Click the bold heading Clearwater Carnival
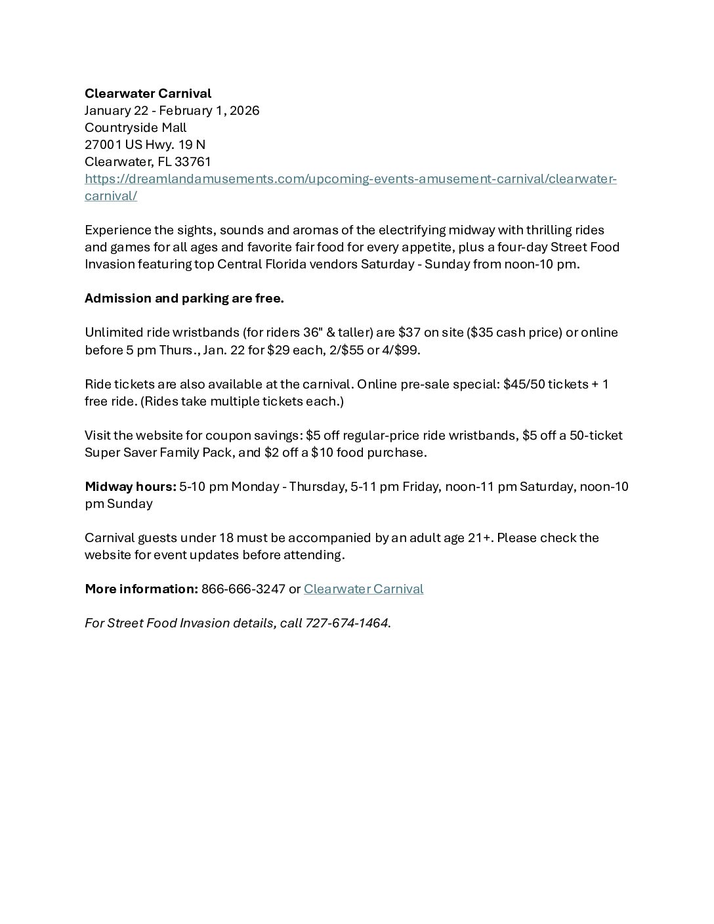pyautogui.click(x=148, y=94)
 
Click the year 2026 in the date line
pyautogui.click(x=244, y=111)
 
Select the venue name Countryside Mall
pyautogui.click(x=135, y=128)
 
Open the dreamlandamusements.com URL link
pyautogui.click(x=350, y=179)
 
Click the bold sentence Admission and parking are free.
pyautogui.click(x=184, y=299)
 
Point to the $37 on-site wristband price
pyautogui.click(x=409, y=333)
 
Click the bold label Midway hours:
pyautogui.click(x=130, y=486)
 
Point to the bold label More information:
pyautogui.click(x=141, y=589)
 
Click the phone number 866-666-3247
pyautogui.click(x=243, y=589)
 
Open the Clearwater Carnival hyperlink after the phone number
pyautogui.click(x=363, y=589)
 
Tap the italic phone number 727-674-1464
pyautogui.click(x=346, y=623)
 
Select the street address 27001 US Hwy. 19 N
pyautogui.click(x=145, y=145)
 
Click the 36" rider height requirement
pyautogui.click(x=307, y=333)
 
